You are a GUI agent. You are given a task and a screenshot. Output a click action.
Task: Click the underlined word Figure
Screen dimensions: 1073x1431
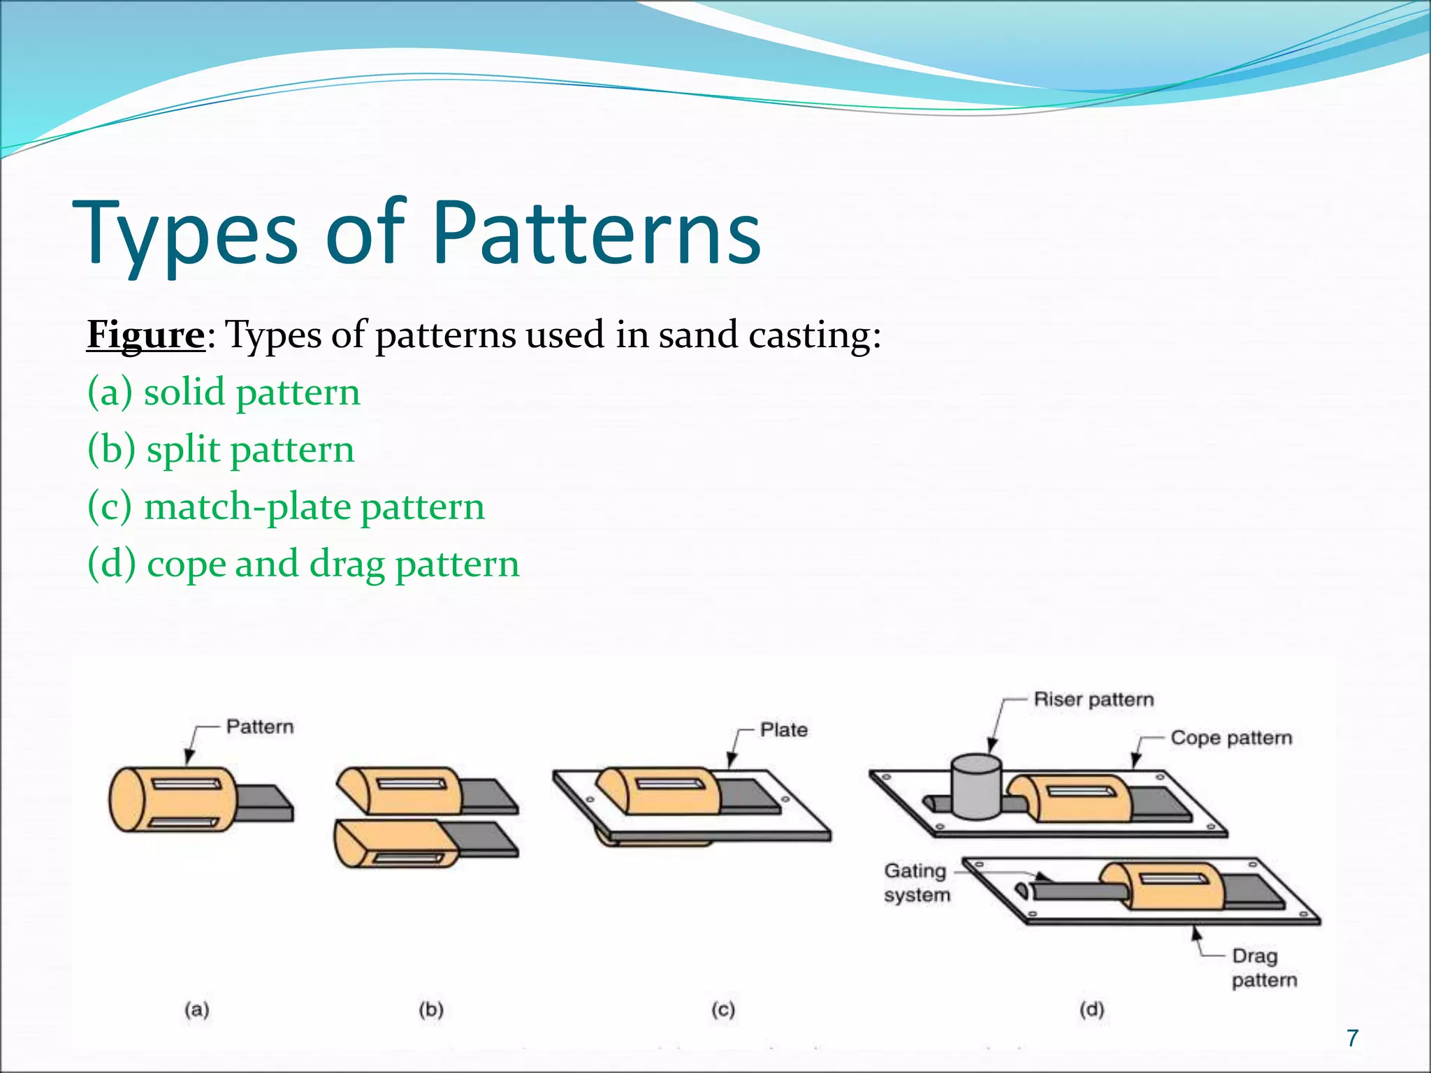(x=145, y=335)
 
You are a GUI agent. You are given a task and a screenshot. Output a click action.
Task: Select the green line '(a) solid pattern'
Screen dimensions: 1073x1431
(x=224, y=392)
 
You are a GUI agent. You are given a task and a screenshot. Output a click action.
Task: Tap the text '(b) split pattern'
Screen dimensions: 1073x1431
(x=221, y=449)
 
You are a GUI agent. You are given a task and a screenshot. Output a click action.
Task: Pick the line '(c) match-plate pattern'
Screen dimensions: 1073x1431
(x=286, y=506)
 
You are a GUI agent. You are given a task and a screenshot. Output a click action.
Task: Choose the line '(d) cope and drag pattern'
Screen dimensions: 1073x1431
(x=303, y=564)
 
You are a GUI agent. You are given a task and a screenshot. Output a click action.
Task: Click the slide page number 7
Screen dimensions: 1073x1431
(x=1353, y=1037)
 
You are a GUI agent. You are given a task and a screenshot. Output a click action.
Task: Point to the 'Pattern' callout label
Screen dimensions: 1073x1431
(x=260, y=727)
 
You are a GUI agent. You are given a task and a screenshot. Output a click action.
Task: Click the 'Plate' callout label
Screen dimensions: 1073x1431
(x=784, y=730)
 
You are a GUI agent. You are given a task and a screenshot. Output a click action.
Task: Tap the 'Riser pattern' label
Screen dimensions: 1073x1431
(x=1094, y=700)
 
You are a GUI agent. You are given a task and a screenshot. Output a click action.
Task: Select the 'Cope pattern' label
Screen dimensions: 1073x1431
(x=1231, y=738)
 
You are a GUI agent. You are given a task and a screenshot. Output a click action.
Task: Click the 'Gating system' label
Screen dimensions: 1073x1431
(x=917, y=883)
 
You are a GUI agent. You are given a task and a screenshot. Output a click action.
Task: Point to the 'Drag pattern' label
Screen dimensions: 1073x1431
(x=1263, y=968)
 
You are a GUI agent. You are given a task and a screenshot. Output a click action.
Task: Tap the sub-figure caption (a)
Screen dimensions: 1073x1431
(x=197, y=1009)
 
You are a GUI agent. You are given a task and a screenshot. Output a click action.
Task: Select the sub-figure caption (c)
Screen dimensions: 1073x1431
(x=723, y=1009)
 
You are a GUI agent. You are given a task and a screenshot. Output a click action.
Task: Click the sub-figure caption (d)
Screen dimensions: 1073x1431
(x=1091, y=1009)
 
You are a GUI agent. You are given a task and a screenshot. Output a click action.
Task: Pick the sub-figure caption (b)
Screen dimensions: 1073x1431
(x=431, y=1009)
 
